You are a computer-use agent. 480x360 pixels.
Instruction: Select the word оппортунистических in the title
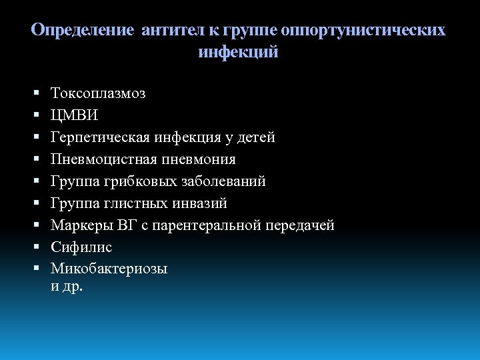point(363,31)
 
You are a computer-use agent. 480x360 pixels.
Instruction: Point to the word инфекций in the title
point(238,52)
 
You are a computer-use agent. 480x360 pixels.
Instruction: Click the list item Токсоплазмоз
point(98,93)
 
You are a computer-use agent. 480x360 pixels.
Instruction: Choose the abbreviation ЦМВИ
point(74,115)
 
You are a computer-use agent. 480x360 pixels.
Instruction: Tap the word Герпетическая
point(100,137)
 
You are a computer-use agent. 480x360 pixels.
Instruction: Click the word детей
point(256,137)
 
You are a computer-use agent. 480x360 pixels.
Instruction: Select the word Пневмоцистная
point(101,159)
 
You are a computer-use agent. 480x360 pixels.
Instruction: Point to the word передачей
point(299,225)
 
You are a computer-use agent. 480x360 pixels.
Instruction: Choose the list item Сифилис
point(81,247)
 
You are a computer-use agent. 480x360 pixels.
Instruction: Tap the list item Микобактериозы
point(109,269)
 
